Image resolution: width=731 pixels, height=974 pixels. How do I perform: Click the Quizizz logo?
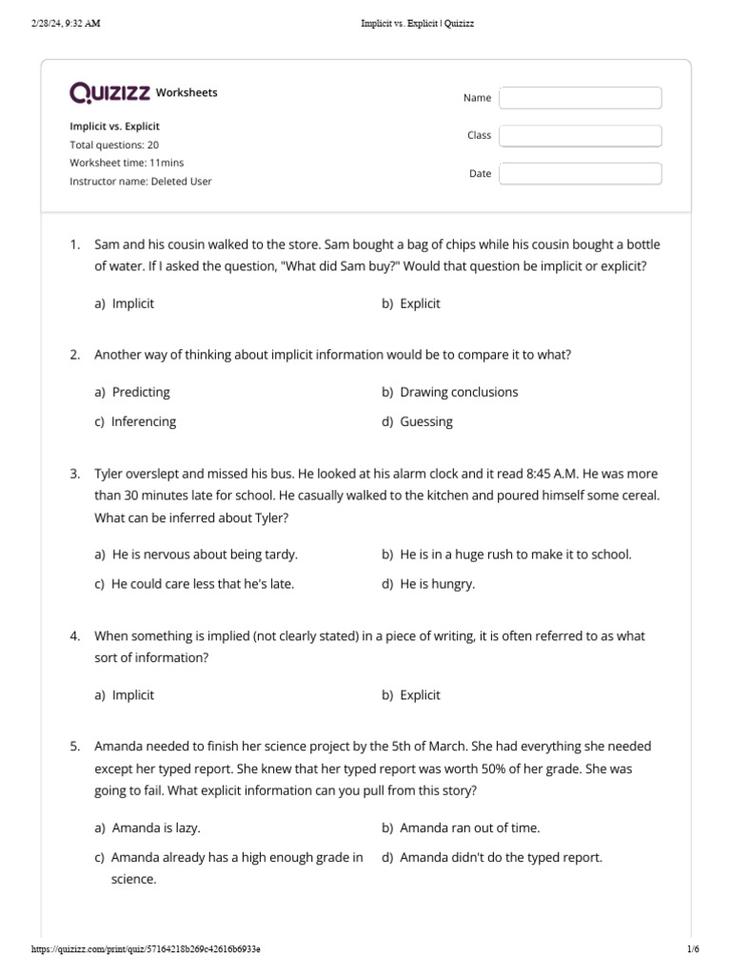pos(109,92)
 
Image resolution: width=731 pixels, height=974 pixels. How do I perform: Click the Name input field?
pos(580,98)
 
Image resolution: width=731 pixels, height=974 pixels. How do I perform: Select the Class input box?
pos(580,136)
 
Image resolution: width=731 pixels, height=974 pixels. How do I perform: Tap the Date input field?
pos(580,174)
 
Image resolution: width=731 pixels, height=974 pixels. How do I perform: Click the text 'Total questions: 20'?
pos(114,145)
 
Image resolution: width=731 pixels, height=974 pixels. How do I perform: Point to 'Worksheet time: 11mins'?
pos(127,163)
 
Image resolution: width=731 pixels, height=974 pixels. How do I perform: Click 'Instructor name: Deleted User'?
pos(141,181)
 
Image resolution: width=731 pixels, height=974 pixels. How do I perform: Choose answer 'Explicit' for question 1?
pos(420,303)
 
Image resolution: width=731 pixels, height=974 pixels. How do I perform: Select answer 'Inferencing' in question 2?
pos(143,421)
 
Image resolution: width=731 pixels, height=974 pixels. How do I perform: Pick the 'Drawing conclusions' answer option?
pos(459,392)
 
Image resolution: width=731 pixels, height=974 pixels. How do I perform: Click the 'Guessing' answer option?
pos(425,421)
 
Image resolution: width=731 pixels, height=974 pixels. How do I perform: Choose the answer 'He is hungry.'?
pos(437,584)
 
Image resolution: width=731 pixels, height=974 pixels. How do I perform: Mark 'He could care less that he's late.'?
pos(202,584)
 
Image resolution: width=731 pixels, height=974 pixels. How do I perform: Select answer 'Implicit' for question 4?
pos(132,694)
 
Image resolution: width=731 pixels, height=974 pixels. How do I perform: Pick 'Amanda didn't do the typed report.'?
pos(501,857)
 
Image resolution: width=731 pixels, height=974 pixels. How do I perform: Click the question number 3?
pos(74,473)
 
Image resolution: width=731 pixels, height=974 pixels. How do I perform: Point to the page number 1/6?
pos(692,949)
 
